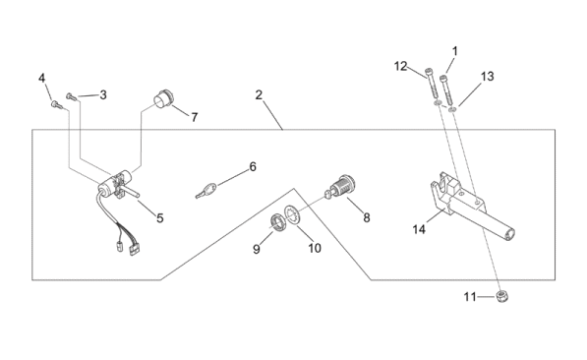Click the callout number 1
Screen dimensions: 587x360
(455, 51)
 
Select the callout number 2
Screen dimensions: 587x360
(259, 95)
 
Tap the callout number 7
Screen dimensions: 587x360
(194, 118)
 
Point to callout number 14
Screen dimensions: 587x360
(419, 229)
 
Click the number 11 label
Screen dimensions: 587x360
(470, 297)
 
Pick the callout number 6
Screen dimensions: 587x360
(253, 166)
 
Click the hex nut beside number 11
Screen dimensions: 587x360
(501, 296)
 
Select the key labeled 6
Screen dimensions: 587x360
(205, 190)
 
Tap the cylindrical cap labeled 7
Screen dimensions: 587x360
(163, 99)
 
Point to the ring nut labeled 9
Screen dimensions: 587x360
(278, 223)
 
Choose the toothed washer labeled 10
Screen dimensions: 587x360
(292, 215)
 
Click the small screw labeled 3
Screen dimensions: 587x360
(71, 96)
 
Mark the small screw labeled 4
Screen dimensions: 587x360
(56, 104)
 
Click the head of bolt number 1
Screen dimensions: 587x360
(444, 78)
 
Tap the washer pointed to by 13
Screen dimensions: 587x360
(452, 109)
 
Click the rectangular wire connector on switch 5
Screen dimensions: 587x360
(134, 250)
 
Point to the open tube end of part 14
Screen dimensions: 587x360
(509, 234)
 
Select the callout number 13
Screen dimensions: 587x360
(487, 77)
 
